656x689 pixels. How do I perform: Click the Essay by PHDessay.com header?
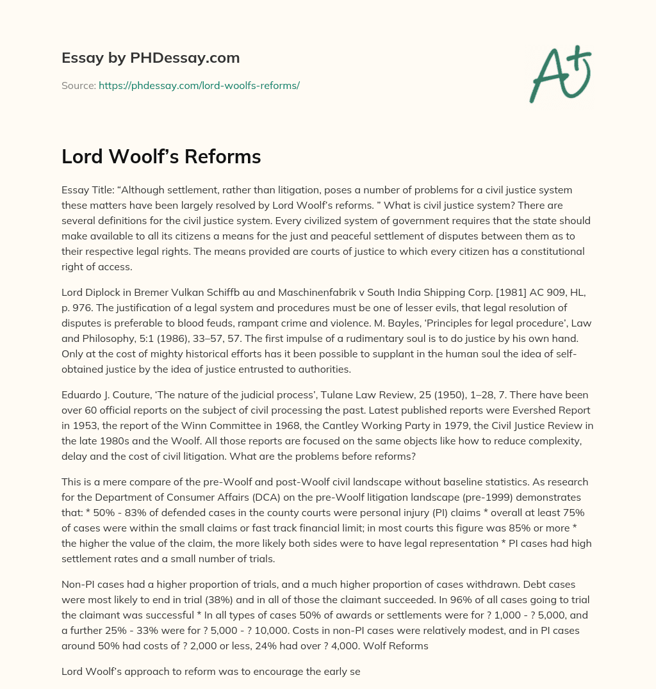pyautogui.click(x=151, y=58)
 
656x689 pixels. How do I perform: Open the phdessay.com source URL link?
pyautogui.click(x=199, y=85)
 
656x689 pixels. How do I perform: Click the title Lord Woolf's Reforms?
pyautogui.click(x=161, y=156)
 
